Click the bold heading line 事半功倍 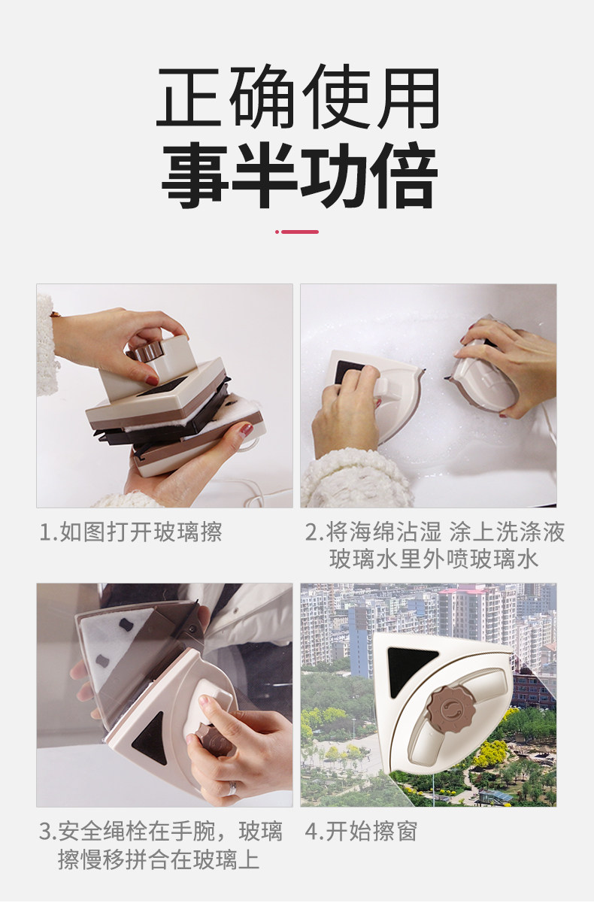(299, 174)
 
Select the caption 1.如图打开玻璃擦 (131, 532)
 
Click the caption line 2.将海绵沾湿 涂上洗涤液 (435, 532)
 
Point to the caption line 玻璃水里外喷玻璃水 (434, 559)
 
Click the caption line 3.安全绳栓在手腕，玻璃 (160, 831)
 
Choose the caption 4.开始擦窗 (361, 831)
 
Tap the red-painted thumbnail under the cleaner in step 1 (247, 430)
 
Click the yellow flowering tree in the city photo (492, 753)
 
